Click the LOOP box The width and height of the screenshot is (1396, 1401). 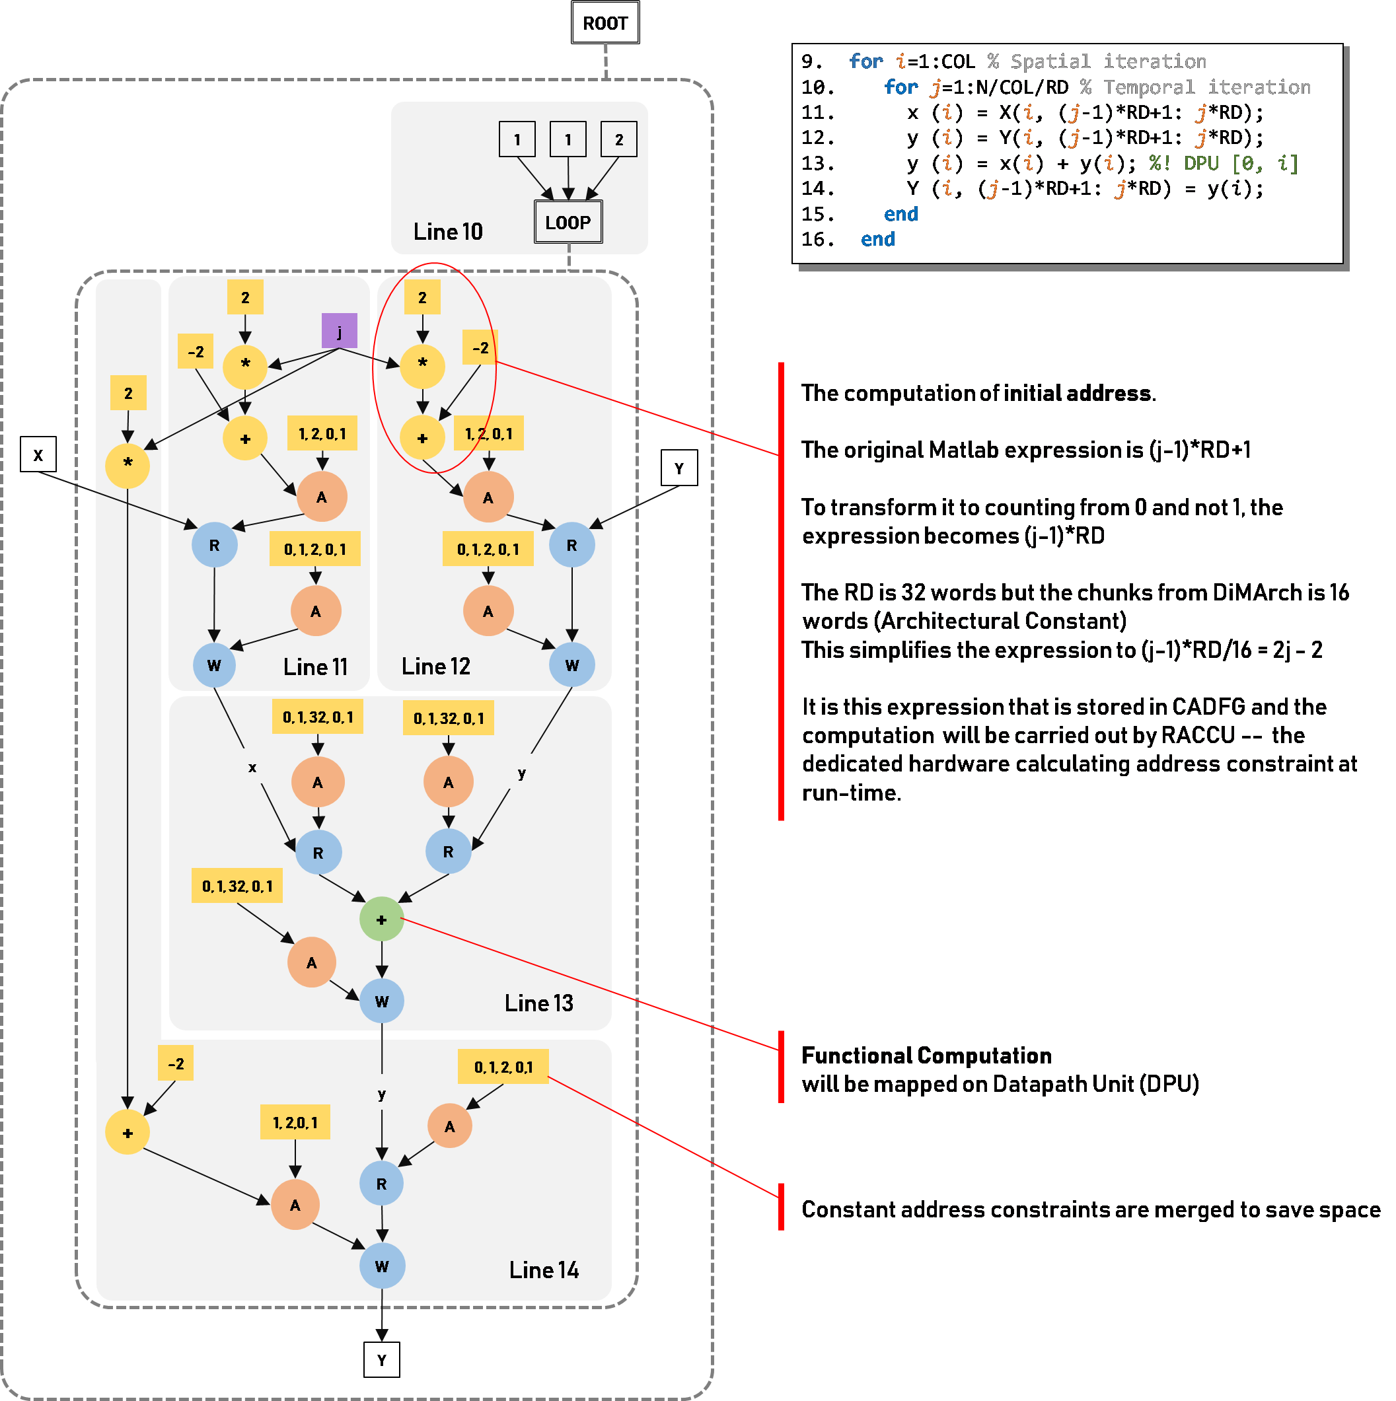pos(568,223)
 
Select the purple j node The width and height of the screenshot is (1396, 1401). pos(340,332)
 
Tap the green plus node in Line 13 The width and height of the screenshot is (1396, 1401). pos(381,919)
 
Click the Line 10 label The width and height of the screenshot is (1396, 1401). pos(447,232)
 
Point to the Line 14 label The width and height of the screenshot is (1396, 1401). pos(543,1270)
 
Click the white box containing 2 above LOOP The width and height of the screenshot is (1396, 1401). pos(618,139)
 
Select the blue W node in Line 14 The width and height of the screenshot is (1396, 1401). pos(382,1266)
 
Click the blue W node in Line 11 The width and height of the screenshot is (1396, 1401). pos(214,665)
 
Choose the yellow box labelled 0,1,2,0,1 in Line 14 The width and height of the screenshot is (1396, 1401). pos(503,1067)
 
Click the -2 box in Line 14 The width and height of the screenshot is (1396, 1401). pos(176,1064)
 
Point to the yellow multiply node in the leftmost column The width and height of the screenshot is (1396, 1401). pos(128,464)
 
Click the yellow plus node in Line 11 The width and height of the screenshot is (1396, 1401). pos(245,439)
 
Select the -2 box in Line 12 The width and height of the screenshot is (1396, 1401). pos(480,348)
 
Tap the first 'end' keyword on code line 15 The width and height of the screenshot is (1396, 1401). pos(900,214)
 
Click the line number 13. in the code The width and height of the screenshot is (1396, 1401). pos(817,163)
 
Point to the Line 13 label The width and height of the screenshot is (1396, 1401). pos(539,1003)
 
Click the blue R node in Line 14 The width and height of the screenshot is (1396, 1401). pos(381,1184)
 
